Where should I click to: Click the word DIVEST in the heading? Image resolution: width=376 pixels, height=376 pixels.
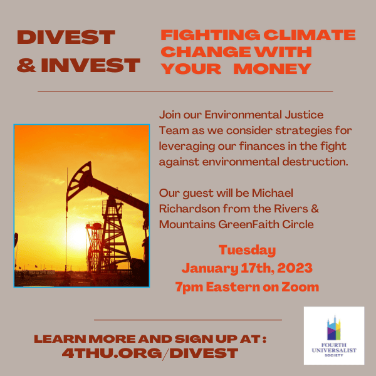point(66,37)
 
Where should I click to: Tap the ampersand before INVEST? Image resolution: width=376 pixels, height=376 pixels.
point(26,65)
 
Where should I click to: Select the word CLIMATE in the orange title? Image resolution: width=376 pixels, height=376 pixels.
point(310,35)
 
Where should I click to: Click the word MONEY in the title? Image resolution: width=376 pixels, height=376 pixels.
point(273,69)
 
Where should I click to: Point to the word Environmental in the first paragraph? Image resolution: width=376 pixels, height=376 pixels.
point(243,115)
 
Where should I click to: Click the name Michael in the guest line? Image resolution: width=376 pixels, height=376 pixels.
point(273,193)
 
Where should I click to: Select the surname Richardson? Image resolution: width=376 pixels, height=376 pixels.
point(189,209)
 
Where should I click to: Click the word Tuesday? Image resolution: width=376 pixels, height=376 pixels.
point(248,251)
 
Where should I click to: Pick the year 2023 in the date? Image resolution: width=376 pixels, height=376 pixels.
point(295,268)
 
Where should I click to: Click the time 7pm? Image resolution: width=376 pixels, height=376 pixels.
point(189,287)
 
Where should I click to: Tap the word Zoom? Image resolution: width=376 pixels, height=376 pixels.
point(300,287)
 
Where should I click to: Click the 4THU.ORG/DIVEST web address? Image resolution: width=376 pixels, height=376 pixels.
point(150,353)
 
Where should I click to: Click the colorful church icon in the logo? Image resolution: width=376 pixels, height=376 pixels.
point(334,328)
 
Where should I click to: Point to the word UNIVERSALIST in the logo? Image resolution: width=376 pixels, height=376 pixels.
point(334,350)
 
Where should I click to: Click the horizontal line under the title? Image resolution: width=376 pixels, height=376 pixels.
point(185,91)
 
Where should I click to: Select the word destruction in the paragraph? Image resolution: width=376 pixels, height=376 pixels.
point(315,162)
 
